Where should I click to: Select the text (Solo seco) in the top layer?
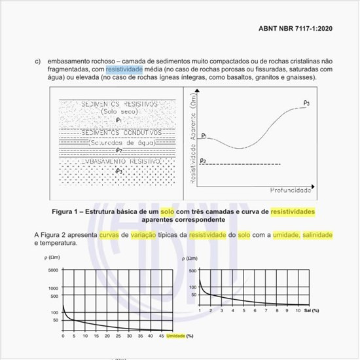[x=118, y=112]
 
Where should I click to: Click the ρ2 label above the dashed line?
[x=204, y=160]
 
